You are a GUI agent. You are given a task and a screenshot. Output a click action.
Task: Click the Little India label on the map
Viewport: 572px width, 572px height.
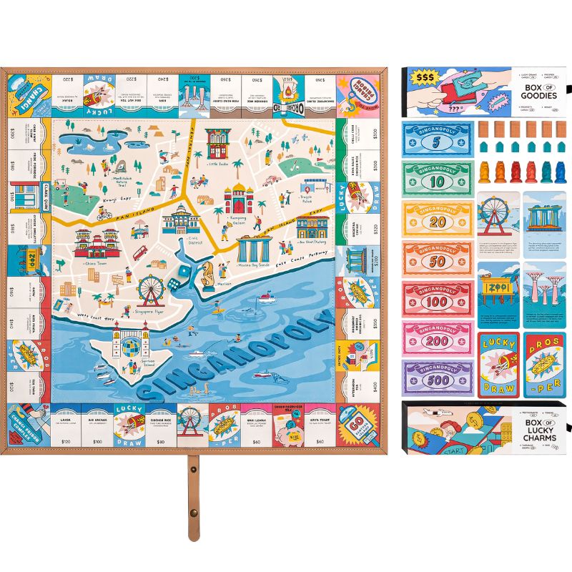219,164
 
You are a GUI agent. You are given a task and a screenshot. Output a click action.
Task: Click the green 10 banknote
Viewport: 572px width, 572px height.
437,178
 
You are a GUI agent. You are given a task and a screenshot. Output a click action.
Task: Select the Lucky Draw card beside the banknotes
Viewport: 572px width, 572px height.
498,363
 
